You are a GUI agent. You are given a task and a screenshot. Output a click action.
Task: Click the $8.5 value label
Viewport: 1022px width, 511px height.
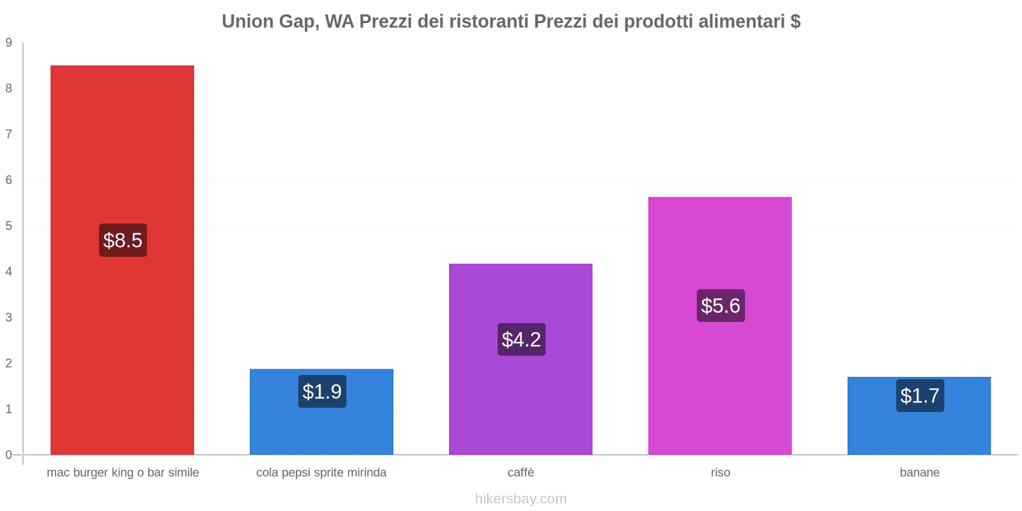coord(123,240)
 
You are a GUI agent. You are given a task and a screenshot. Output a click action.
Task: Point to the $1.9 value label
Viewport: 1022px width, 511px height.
coord(322,392)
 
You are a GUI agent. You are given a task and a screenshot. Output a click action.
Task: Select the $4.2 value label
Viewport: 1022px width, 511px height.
coord(521,339)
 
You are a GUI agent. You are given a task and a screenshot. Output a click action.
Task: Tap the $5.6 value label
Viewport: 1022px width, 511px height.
coord(721,305)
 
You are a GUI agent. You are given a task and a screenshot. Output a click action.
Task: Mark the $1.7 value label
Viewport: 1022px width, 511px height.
coord(920,395)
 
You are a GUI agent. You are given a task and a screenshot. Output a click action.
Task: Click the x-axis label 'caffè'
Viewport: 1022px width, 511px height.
coord(521,473)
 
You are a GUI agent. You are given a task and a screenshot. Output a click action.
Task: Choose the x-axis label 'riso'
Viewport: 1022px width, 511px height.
coord(720,473)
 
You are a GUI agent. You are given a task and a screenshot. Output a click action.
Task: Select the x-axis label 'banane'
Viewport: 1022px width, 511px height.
coord(919,473)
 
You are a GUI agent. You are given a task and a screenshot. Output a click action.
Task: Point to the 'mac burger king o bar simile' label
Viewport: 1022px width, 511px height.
coord(123,473)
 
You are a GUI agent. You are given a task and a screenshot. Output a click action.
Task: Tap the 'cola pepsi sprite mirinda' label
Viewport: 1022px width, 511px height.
coord(321,473)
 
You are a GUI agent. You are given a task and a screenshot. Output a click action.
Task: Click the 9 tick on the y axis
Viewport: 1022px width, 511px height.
coord(9,43)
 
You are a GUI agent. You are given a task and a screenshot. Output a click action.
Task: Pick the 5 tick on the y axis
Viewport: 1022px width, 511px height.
coord(9,226)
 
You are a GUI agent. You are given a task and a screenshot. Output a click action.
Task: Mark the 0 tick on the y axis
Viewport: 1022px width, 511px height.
coord(9,455)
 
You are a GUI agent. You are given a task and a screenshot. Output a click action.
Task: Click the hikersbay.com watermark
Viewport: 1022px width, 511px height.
coord(521,499)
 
